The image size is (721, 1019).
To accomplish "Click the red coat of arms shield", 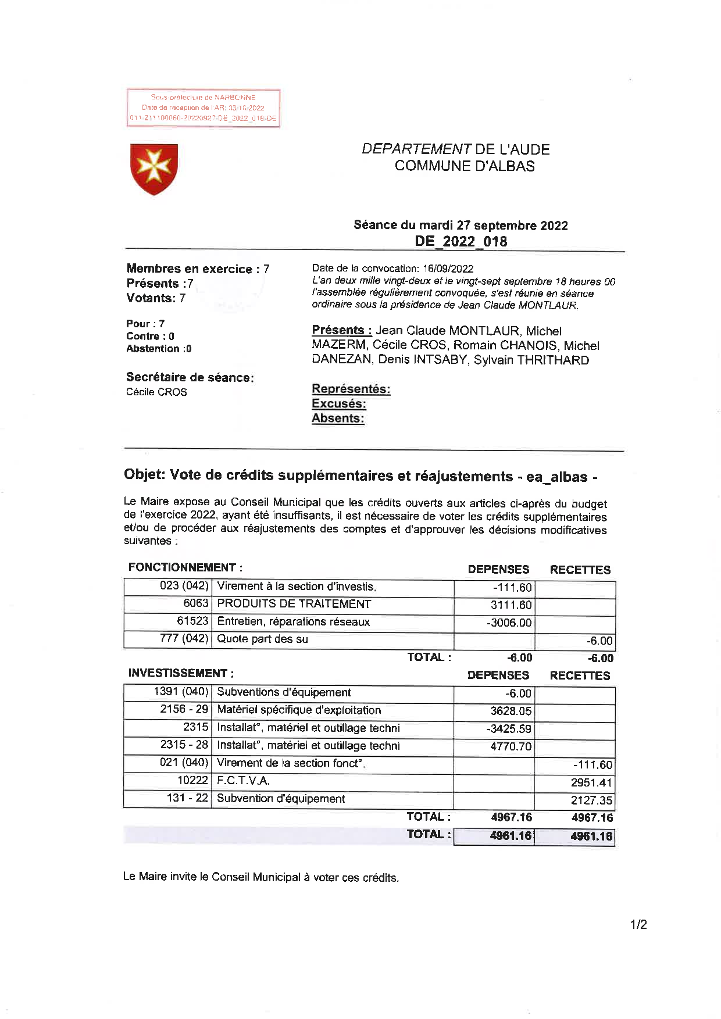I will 154,169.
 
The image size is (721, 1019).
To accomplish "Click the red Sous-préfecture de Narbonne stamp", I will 204,108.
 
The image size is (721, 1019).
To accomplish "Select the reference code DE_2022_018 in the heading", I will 461,241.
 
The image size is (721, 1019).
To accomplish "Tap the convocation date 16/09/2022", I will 448,269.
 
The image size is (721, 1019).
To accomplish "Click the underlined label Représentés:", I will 351,389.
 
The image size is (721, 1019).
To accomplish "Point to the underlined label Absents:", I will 338,418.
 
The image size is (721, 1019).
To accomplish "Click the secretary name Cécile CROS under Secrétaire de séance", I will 156,392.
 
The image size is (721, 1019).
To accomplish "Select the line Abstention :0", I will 159,349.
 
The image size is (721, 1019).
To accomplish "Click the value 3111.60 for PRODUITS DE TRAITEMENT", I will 511,605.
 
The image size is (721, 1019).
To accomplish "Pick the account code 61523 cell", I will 192,621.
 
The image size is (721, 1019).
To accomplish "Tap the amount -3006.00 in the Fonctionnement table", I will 509,623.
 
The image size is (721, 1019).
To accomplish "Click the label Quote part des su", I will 262,639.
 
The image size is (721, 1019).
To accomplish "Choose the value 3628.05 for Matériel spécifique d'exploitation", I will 511,711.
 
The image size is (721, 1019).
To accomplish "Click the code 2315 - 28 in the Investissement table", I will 184,745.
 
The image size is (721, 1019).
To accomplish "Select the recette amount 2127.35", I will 591,800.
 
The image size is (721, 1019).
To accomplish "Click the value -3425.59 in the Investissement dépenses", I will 509,729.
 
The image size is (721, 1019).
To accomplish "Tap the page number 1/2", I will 638,925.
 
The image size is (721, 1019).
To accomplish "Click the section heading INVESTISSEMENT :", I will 181,673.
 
